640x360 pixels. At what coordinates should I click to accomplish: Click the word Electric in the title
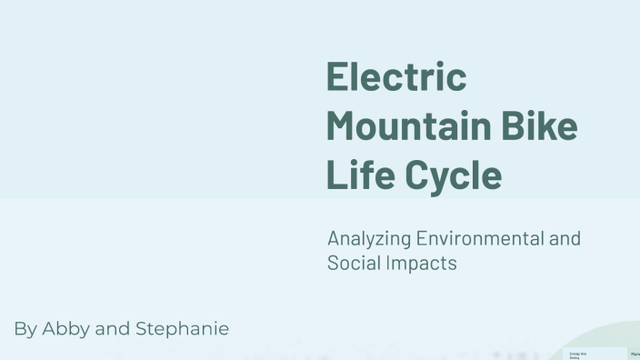pyautogui.click(x=396, y=76)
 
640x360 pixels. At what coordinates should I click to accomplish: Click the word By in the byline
pyautogui.click(x=25, y=329)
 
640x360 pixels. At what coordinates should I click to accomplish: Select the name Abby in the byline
pyautogui.click(x=65, y=329)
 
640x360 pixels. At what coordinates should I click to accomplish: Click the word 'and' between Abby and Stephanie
pyautogui.click(x=113, y=329)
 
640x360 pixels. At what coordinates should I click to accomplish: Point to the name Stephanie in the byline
pyautogui.click(x=182, y=329)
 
